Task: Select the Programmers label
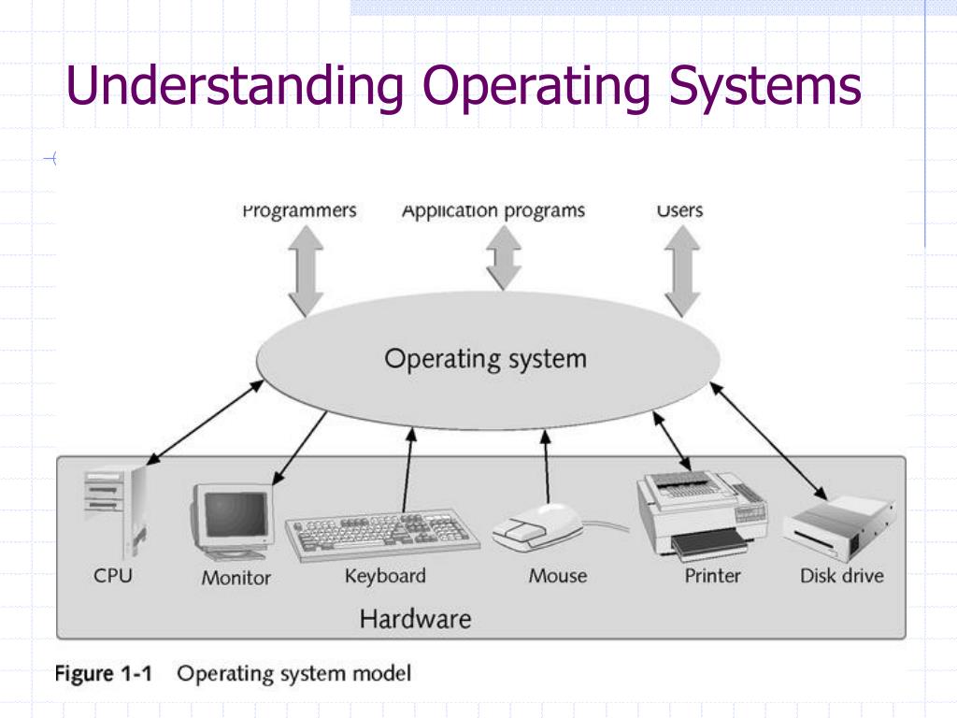click(x=299, y=210)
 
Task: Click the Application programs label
click(x=493, y=210)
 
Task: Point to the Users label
click(x=679, y=210)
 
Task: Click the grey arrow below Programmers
click(x=306, y=271)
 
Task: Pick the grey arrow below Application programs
click(x=504, y=258)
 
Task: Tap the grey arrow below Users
click(x=681, y=271)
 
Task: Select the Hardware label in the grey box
click(x=415, y=618)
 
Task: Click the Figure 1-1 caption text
click(x=233, y=673)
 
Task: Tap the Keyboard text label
click(x=384, y=576)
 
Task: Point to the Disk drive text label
click(x=841, y=576)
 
